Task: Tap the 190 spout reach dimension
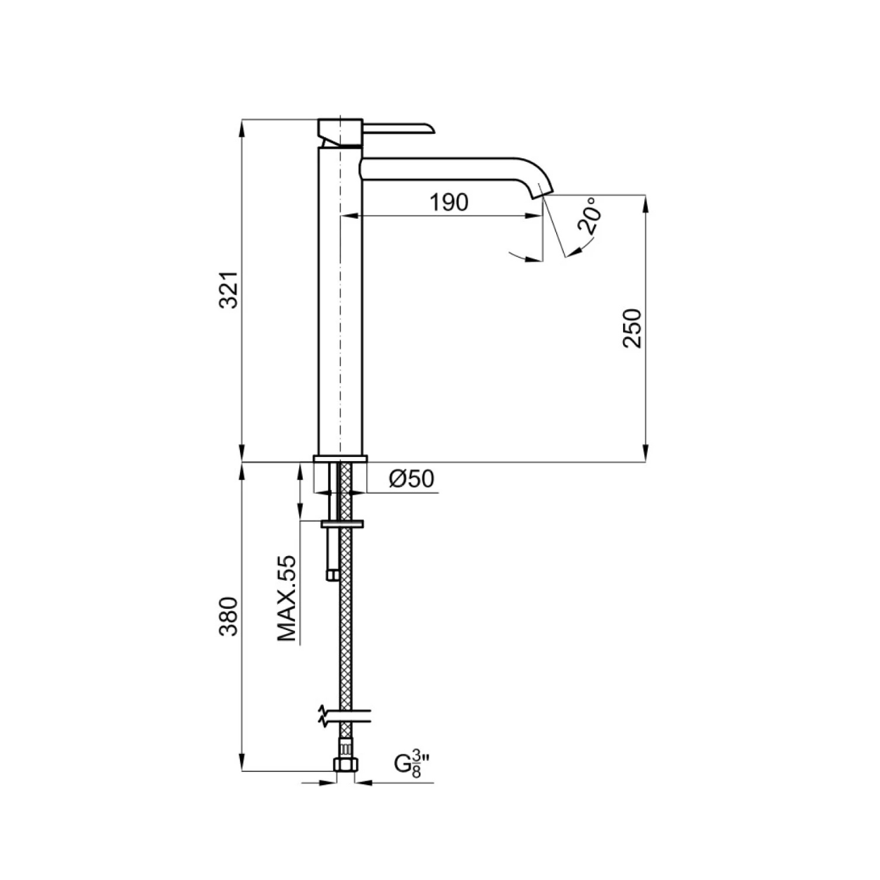[449, 202]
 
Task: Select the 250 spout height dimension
[632, 329]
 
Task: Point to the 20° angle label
[588, 216]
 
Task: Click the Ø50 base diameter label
[411, 479]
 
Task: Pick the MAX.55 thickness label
[287, 598]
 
